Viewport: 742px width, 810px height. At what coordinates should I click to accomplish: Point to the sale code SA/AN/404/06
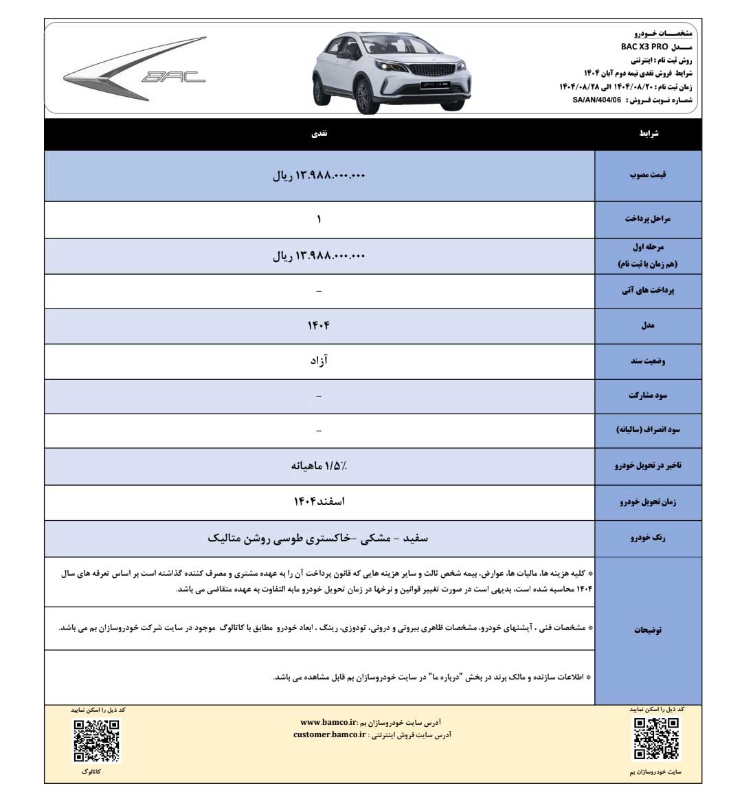pyautogui.click(x=596, y=100)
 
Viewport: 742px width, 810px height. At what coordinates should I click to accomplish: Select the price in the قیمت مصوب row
pyautogui.click(x=319, y=176)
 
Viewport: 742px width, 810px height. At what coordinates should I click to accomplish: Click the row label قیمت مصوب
pyautogui.click(x=648, y=175)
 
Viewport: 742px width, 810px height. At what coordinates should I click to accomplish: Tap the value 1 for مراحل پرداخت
pyautogui.click(x=319, y=219)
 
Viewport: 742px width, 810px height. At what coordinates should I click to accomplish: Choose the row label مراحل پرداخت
pyautogui.click(x=648, y=219)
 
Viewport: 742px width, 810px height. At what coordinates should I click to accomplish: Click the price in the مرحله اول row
pyautogui.click(x=319, y=256)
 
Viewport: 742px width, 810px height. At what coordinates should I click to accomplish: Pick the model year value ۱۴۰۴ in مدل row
pyautogui.click(x=319, y=325)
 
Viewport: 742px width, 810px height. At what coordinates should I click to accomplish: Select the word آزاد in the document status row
pyautogui.click(x=319, y=361)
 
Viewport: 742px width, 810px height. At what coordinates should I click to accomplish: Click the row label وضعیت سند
pyautogui.click(x=648, y=361)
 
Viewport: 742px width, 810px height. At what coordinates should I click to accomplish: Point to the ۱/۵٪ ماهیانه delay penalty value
pyautogui.click(x=319, y=466)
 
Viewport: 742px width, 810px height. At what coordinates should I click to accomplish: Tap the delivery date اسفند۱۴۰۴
pyautogui.click(x=319, y=502)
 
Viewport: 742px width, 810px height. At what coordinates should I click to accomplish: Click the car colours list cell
pyautogui.click(x=319, y=538)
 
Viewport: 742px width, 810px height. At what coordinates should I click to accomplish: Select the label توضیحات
pyautogui.click(x=648, y=630)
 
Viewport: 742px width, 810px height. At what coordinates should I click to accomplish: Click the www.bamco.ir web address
pyautogui.click(x=329, y=722)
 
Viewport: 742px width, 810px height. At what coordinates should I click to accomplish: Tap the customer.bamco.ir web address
pyautogui.click(x=329, y=734)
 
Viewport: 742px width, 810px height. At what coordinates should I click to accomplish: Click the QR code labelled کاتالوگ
pyautogui.click(x=97, y=741)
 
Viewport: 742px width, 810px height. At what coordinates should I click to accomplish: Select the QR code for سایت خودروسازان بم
pyautogui.click(x=656, y=739)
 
